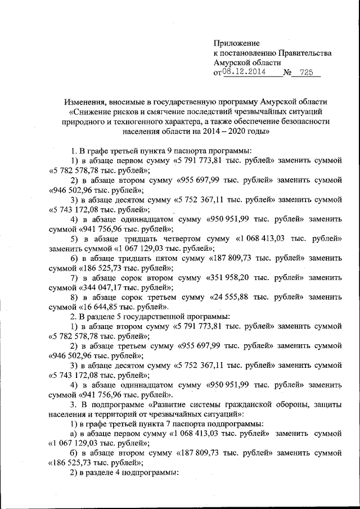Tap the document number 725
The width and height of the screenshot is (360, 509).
[x=307, y=73]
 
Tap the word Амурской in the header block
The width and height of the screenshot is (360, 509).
[x=232, y=62]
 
